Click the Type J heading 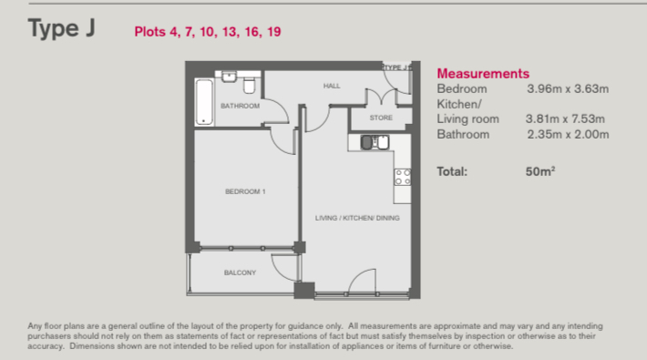61,29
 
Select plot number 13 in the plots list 231,32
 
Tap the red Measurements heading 483,74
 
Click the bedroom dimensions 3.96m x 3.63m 568,88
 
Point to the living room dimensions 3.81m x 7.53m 565,118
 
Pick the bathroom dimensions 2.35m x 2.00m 569,134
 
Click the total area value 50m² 540,171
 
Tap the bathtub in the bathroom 204,102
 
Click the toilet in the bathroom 249,86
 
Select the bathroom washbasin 229,77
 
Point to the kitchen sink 375,142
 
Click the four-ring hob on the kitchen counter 402,177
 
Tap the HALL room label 332,86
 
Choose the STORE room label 381,118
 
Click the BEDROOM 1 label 245,191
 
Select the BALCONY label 240,273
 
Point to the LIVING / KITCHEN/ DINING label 357,218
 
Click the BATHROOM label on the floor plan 241,106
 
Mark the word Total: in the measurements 452,171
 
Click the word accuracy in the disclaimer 46,346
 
